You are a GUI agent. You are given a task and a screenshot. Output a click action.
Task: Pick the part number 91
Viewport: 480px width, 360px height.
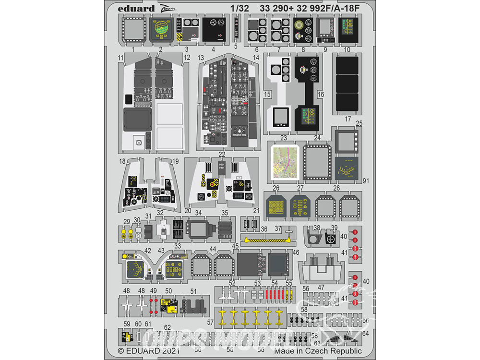pyautogui.click(x=366, y=180)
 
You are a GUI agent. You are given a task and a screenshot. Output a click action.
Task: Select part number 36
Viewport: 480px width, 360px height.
pyautogui.click(x=264, y=229)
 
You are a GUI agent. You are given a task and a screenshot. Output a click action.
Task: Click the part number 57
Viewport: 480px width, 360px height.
pyautogui.click(x=210, y=322)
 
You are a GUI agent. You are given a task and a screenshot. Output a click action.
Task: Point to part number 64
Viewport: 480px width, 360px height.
pyautogui.click(x=366, y=333)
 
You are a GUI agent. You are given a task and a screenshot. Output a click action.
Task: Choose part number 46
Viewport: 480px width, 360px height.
pyautogui.click(x=296, y=252)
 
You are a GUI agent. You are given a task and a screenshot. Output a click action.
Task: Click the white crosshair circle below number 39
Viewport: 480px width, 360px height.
pyautogui.click(x=331, y=239)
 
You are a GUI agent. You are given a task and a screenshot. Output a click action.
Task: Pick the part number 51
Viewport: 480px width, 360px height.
pyautogui.click(x=193, y=291)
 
